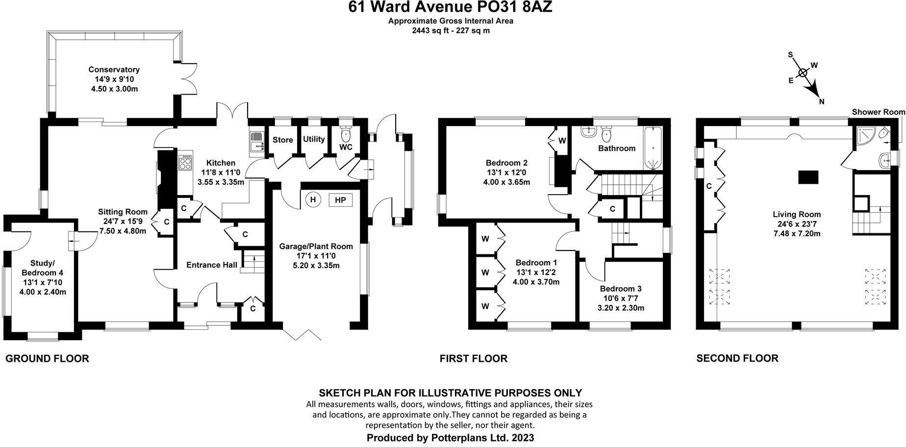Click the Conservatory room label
click(114, 70)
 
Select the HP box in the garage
click(340, 200)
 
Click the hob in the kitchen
click(186, 163)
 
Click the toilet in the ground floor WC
click(346, 133)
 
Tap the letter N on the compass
click(822, 102)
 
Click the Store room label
click(283, 140)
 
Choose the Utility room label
click(314, 139)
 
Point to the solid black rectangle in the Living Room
click(808, 177)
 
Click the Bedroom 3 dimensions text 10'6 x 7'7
click(621, 298)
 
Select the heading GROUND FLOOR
click(47, 359)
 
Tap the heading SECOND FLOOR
click(737, 358)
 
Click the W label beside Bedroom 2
click(562, 141)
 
